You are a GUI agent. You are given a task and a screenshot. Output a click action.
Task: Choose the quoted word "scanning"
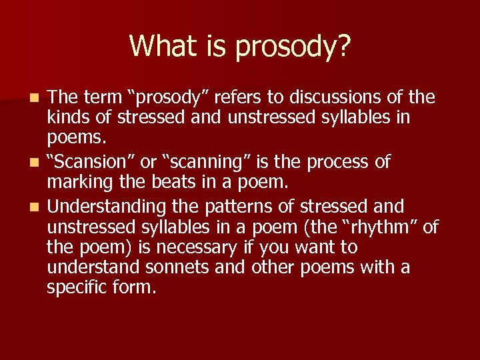tap(209, 163)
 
